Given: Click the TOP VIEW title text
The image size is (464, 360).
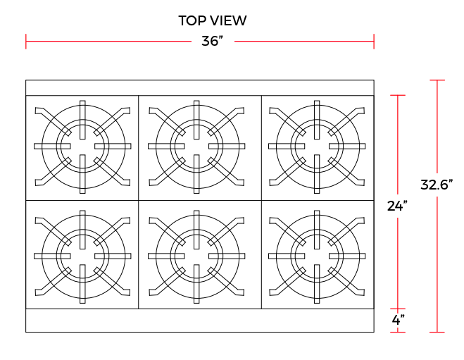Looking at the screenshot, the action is (213, 20).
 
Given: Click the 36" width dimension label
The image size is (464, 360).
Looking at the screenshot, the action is (212, 41).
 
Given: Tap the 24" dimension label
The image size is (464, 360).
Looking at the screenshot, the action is (397, 206).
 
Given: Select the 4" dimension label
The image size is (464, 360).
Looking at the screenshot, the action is (398, 320).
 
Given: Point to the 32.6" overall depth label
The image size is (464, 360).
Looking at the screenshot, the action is (437, 185).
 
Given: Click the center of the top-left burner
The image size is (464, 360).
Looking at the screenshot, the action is (82, 147).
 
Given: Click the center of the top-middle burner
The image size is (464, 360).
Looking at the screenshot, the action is (196, 147).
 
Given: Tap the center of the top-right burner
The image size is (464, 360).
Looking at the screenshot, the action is (317, 147).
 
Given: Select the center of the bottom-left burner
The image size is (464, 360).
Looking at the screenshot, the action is (82, 256).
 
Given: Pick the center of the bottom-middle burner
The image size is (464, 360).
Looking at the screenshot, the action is (196, 256).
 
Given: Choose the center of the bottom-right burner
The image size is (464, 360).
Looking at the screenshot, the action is (317, 256).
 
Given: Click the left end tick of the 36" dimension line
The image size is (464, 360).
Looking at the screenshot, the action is (26, 41).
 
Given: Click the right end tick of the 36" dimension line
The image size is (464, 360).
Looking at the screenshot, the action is (374, 41).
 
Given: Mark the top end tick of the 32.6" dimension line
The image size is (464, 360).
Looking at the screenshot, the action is (437, 80).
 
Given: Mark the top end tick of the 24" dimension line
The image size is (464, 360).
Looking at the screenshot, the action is (398, 95).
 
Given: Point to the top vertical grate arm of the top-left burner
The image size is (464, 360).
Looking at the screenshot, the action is (82, 120).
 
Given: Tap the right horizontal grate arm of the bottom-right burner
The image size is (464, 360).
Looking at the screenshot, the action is (347, 256).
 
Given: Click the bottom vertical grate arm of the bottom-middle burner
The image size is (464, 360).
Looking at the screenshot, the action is (196, 284).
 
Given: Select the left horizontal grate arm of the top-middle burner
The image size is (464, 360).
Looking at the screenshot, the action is (166, 147).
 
